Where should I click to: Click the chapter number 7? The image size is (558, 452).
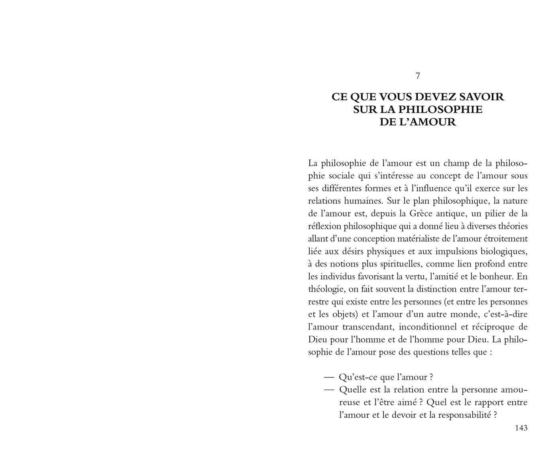coord(418,76)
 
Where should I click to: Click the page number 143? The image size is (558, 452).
coord(521,428)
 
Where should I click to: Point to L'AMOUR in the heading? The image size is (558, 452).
coord(428,122)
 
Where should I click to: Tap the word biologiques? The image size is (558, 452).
coord(504,251)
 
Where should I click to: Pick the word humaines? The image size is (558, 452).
coord(365,201)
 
